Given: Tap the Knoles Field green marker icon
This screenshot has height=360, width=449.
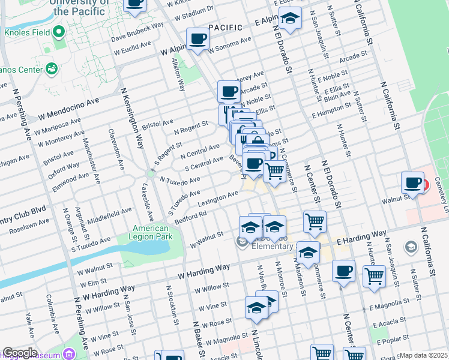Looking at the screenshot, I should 58,31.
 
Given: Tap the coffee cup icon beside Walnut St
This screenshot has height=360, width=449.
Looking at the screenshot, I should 413,183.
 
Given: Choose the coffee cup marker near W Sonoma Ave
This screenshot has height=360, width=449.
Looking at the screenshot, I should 197,40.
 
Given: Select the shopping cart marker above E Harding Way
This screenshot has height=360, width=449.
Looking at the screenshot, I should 315,222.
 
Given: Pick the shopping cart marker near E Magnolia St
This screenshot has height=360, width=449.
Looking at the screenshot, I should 374,276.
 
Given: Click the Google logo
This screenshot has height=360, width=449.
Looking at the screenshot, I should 20,353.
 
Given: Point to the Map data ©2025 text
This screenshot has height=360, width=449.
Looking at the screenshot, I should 423,355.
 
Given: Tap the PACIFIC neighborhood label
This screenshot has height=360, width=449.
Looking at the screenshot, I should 226,28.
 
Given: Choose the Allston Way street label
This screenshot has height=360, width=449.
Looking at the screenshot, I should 179,74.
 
